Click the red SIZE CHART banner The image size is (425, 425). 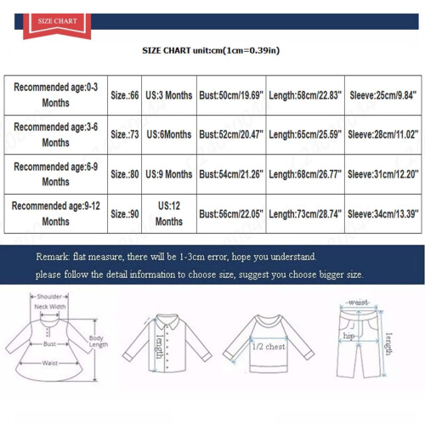pyautogui.click(x=57, y=25)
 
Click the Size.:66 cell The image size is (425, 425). pyautogui.click(x=125, y=95)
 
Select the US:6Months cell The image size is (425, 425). pyautogui.click(x=169, y=134)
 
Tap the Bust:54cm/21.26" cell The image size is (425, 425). pyautogui.click(x=231, y=174)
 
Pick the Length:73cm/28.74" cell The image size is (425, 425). pyautogui.click(x=305, y=214)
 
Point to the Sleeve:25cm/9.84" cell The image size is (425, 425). pyautogui.click(x=383, y=95)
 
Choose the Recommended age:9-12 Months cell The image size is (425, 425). pyautogui.click(x=56, y=213)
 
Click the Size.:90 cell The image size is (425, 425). pyautogui.click(x=125, y=214)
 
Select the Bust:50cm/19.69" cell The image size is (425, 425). pyautogui.click(x=231, y=95)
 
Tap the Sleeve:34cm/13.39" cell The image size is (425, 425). pyautogui.click(x=383, y=214)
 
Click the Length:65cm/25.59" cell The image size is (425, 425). pyautogui.click(x=305, y=134)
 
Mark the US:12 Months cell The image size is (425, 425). pyautogui.click(x=169, y=213)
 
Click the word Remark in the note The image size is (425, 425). pyautogui.click(x=53, y=257)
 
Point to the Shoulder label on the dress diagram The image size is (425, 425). pyautogui.click(x=49, y=297)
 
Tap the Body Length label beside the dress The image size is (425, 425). pyautogui.click(x=99, y=342)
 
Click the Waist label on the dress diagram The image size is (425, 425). pyautogui.click(x=50, y=363)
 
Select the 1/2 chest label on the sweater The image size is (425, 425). pyautogui.click(x=269, y=347)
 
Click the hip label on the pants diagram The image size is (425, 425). pyautogui.click(x=348, y=337)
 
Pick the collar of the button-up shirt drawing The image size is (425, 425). pyautogui.click(x=167, y=321)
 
